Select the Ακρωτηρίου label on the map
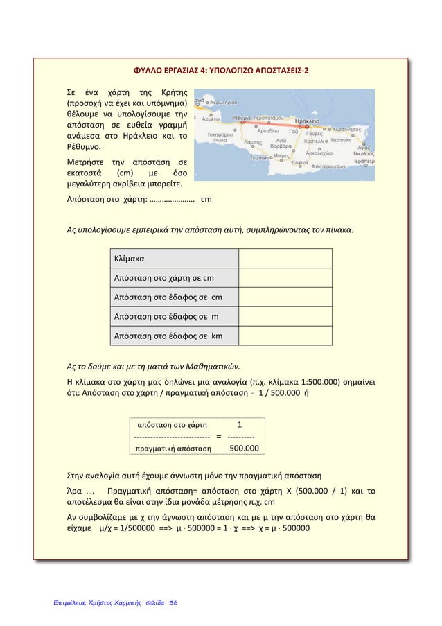223,101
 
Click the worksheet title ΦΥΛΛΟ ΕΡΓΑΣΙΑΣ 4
221,71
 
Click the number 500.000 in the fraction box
244,449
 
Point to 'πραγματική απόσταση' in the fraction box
174,449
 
